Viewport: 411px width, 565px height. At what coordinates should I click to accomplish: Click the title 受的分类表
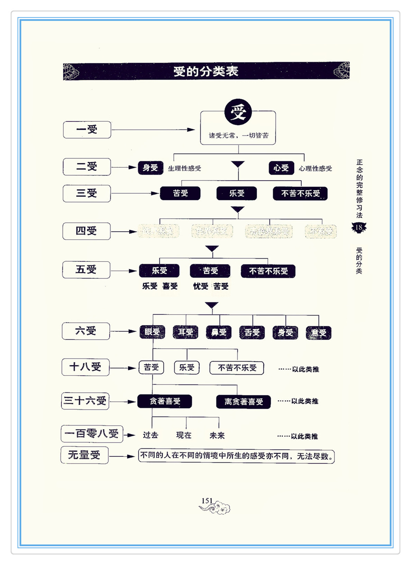(206, 72)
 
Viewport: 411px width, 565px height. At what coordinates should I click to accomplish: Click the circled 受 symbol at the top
(238, 112)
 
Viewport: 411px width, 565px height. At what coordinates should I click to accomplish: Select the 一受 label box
(87, 130)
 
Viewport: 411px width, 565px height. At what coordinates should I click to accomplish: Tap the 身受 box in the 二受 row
(150, 168)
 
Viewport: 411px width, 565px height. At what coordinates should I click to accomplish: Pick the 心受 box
(281, 168)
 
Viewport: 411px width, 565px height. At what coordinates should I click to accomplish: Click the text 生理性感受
(184, 169)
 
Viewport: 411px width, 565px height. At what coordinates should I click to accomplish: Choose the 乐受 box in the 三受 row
(237, 194)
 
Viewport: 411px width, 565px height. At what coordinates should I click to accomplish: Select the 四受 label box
(86, 231)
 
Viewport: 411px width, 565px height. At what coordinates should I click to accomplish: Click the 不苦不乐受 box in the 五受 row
(268, 271)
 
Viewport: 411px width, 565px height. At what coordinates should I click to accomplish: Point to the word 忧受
(201, 286)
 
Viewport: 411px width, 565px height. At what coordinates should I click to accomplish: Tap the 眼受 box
(152, 332)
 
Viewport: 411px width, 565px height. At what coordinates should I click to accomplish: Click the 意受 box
(319, 333)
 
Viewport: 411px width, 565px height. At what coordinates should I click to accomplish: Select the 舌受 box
(252, 332)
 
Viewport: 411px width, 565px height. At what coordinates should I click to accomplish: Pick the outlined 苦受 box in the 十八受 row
(151, 367)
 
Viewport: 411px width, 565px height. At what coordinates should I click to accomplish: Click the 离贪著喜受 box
(244, 402)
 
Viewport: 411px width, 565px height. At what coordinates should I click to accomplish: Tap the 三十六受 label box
(85, 401)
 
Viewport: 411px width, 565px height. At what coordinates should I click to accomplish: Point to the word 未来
(217, 435)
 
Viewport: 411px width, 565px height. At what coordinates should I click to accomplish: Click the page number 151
(207, 501)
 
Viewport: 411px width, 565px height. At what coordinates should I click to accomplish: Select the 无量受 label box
(84, 455)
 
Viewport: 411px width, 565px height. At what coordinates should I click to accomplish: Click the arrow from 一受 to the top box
(152, 130)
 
